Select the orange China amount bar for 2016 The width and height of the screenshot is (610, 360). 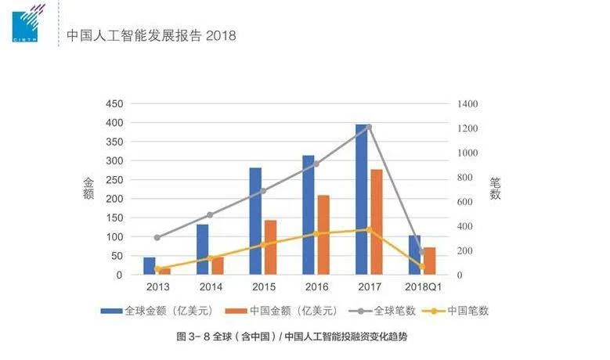[x=323, y=235]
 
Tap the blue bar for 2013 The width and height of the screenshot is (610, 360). [x=150, y=266]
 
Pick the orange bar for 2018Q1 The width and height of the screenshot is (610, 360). [x=429, y=261]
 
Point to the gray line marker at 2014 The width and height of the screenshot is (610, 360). [x=210, y=214]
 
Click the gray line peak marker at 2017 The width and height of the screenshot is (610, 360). [x=369, y=127]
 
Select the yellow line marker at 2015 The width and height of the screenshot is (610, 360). [x=263, y=244]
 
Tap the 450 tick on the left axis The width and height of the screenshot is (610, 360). [x=114, y=104]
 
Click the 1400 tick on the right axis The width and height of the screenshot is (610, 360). [x=469, y=104]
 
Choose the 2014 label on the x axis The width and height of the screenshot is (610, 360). [x=210, y=287]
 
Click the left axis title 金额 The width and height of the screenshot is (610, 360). [x=88, y=188]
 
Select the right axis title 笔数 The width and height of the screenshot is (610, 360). [x=495, y=188]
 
